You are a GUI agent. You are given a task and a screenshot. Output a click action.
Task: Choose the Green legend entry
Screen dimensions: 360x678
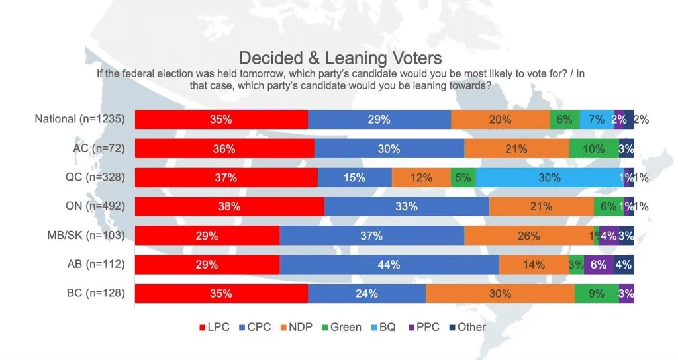point(341,327)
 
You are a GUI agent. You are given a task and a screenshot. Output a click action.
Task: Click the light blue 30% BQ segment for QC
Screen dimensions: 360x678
point(549,177)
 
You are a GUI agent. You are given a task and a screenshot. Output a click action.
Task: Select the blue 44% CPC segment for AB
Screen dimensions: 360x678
point(389,265)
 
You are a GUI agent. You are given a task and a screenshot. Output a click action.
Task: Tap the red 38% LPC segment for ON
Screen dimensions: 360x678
point(229,206)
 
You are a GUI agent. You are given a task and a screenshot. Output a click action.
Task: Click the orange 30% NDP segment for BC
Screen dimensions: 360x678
point(500,294)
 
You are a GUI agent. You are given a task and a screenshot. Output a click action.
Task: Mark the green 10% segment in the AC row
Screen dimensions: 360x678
point(594,149)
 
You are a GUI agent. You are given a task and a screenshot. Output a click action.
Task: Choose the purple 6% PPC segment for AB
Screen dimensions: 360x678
point(599,265)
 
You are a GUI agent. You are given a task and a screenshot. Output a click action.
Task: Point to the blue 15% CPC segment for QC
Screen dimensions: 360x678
point(355,177)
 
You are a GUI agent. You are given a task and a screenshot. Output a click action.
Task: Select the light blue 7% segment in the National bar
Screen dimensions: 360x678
point(597,120)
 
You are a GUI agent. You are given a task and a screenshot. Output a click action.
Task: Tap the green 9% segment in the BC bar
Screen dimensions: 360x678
point(596,294)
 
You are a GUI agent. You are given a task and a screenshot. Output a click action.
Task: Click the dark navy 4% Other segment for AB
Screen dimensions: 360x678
point(624,265)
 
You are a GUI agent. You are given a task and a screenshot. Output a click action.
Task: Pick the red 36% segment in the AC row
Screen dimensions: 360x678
point(224,149)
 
